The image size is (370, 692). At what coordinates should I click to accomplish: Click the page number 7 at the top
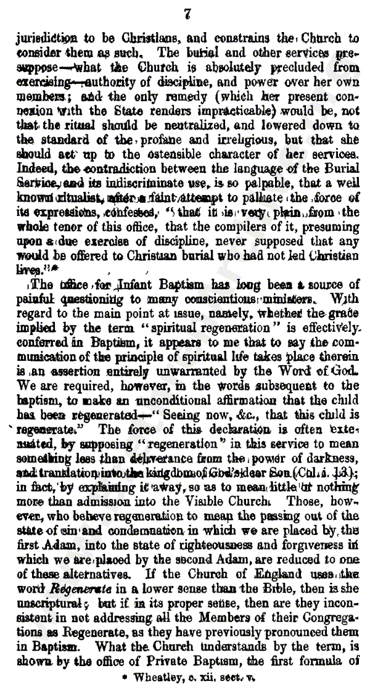coord(189,10)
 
